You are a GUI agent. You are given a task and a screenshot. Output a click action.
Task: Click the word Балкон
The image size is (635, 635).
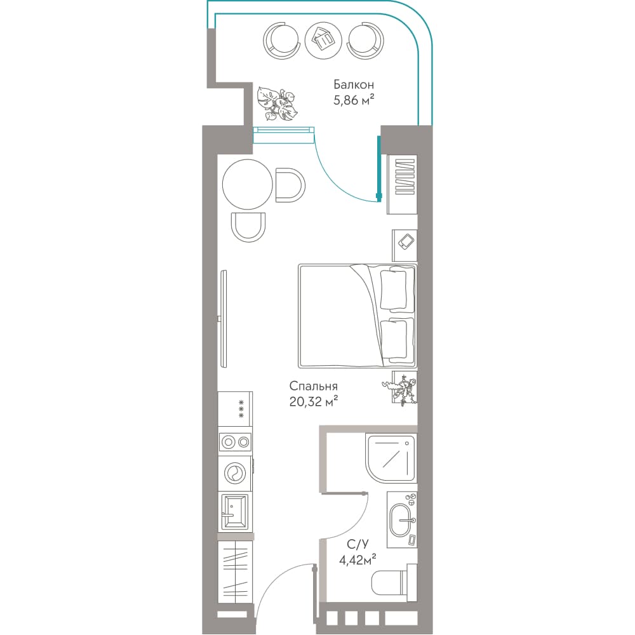(354, 84)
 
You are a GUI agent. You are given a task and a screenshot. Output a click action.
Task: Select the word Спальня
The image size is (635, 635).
(314, 386)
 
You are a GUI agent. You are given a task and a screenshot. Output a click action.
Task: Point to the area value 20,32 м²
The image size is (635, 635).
(314, 401)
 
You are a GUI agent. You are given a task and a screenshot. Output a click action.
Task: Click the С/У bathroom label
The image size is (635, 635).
(358, 544)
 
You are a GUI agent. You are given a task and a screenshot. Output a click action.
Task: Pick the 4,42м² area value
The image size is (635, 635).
(358, 560)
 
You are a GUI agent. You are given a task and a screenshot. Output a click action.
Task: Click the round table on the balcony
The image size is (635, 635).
(323, 41)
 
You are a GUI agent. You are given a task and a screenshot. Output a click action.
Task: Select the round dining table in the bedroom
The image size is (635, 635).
(248, 184)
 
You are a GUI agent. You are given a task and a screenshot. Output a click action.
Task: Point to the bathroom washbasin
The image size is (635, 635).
(402, 520)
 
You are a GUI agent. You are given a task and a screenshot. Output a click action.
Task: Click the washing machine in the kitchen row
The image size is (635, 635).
(235, 474)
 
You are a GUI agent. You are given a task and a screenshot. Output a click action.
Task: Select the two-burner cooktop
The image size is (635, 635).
(235, 442)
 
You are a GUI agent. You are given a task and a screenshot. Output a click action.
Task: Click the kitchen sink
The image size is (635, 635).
(235, 512)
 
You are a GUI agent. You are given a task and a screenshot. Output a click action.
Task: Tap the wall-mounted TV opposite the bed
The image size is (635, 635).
(223, 319)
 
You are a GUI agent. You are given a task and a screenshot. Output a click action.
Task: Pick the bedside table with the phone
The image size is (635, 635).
(404, 245)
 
